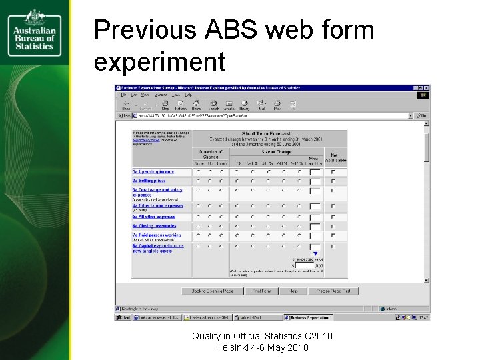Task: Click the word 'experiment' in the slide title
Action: coord(160,62)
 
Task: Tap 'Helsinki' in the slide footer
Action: coord(235,347)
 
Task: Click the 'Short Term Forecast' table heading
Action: coord(266,134)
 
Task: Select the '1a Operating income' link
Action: coord(153,171)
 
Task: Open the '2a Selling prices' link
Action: coord(149,181)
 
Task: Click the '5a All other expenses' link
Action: coord(153,217)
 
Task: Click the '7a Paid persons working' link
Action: coord(156,235)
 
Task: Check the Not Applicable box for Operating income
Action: coord(334,172)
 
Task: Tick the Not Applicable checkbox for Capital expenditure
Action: coord(334,247)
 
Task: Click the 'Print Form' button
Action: coord(261,291)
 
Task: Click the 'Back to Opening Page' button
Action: coord(209,291)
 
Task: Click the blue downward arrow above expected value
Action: coord(315,253)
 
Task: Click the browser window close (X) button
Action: coord(426,88)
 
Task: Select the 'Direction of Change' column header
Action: coord(211,154)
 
